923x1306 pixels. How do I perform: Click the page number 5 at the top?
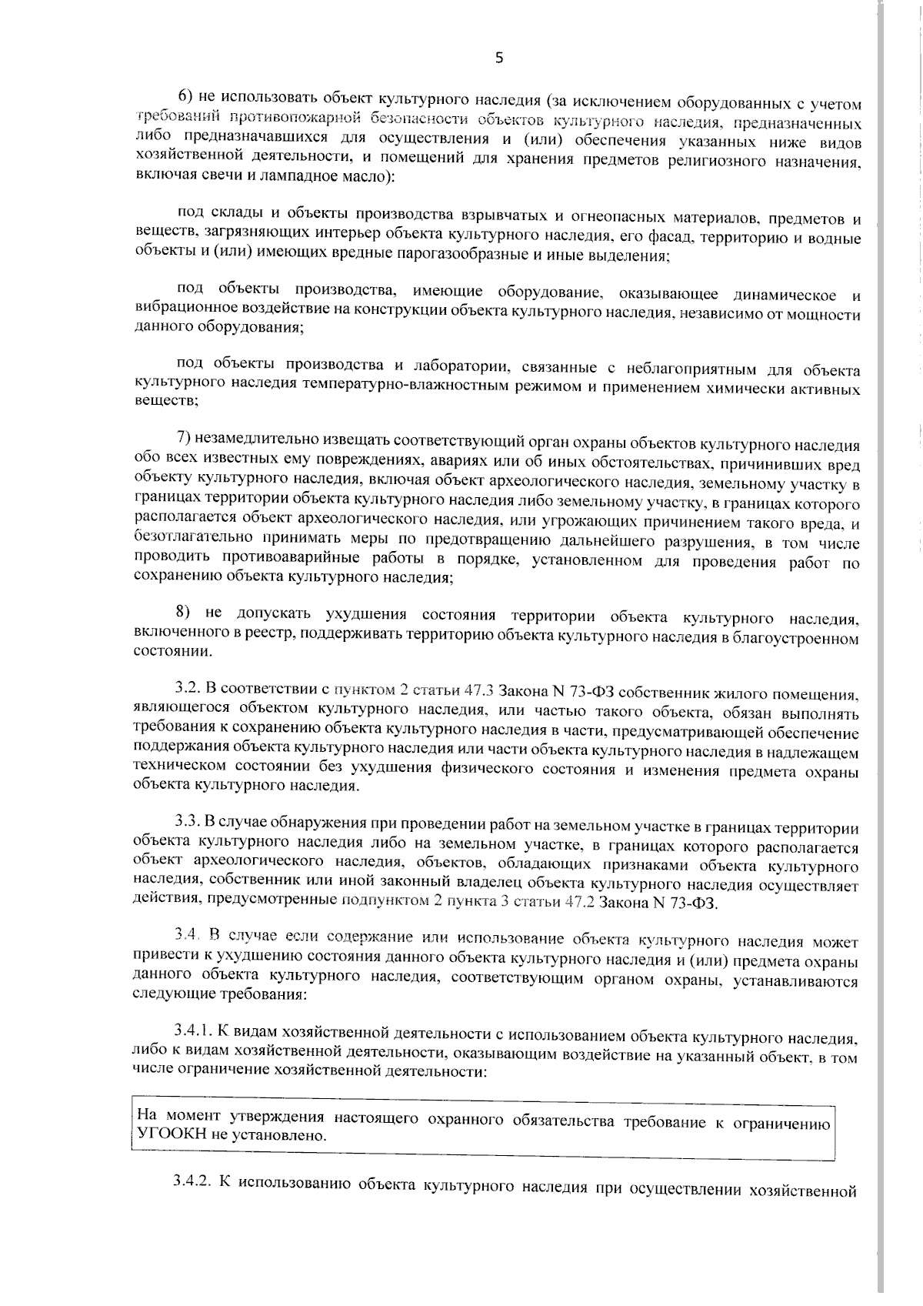(x=499, y=58)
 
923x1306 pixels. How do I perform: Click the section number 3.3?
(x=188, y=827)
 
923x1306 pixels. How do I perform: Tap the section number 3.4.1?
(x=195, y=1033)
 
